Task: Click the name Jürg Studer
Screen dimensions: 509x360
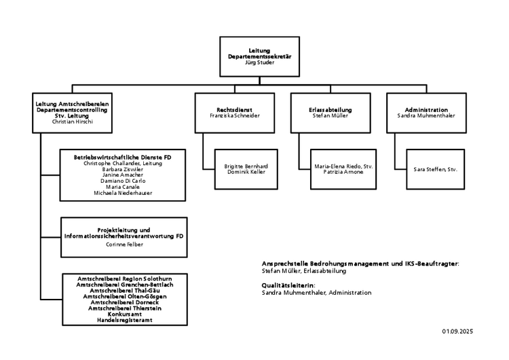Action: point(259,62)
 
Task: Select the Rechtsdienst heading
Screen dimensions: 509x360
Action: point(234,110)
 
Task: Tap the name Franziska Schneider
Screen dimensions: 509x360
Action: point(235,115)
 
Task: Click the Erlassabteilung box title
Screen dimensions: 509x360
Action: point(331,110)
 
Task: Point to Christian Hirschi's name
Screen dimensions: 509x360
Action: point(73,122)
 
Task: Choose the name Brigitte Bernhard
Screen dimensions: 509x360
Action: point(246,166)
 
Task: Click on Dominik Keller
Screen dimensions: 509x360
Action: point(246,172)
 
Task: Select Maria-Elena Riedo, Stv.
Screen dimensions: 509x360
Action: point(343,166)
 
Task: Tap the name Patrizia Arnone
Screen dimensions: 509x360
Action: point(343,172)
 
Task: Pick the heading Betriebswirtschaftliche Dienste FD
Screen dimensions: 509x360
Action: point(122,158)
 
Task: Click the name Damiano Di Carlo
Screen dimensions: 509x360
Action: point(123,181)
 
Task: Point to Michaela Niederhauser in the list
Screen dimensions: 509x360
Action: point(123,193)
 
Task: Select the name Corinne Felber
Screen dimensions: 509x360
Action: point(124,245)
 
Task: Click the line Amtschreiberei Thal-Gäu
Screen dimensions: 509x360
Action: point(125,291)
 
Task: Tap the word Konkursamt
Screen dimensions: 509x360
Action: point(125,314)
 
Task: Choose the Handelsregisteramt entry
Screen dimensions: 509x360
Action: point(125,320)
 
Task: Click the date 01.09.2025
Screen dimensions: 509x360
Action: point(457,331)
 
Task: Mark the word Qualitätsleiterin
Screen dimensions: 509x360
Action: point(288,285)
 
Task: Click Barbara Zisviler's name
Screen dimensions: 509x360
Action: point(123,169)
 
